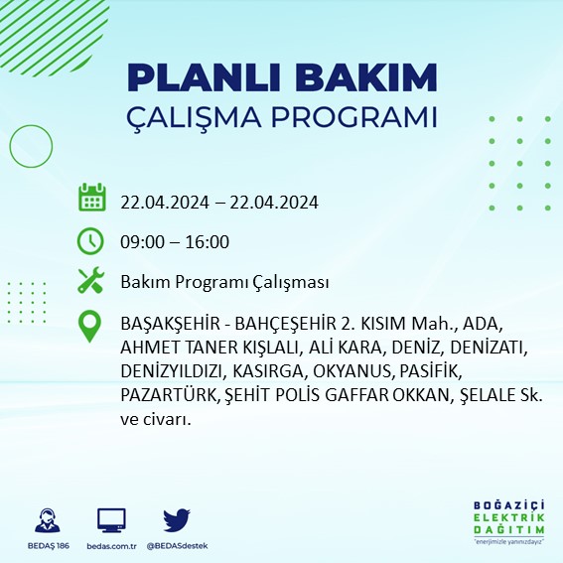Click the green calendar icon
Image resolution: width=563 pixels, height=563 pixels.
pos(91,198)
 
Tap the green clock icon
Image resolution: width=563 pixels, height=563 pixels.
pos(91,240)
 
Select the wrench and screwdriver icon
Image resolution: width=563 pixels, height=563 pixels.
pos(91,281)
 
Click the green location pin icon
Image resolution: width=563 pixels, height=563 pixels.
pos(91,327)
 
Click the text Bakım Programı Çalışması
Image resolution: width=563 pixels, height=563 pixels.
pos(224,282)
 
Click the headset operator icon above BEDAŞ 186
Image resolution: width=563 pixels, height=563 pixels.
pos(45,521)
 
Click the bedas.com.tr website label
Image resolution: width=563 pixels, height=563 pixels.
pos(111,546)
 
